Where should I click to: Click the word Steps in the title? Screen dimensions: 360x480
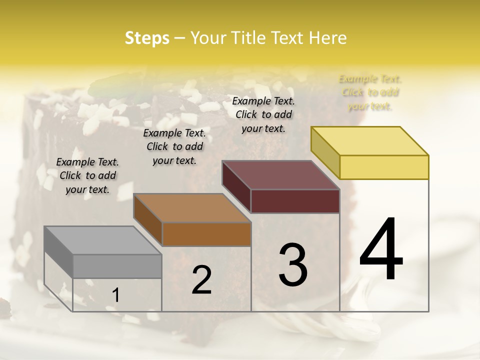[x=146, y=38]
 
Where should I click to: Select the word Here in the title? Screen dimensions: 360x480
[x=327, y=38]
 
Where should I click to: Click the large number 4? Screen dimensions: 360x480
[x=381, y=250]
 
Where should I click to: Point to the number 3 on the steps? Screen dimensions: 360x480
[x=293, y=264]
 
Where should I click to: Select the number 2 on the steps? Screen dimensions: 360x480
[x=201, y=280]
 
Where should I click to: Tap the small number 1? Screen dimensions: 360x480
[x=116, y=295]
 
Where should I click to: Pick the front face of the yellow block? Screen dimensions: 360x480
[x=384, y=167]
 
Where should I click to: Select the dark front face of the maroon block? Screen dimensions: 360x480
[x=295, y=201]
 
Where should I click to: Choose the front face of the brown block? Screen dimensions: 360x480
[x=206, y=234]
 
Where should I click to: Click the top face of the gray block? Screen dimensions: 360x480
[x=102, y=240]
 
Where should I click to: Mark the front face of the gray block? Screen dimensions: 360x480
[x=117, y=266]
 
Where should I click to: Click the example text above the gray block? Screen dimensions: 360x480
[x=87, y=175]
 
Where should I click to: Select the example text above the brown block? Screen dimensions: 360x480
[x=174, y=146]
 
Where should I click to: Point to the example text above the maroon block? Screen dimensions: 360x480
[x=263, y=114]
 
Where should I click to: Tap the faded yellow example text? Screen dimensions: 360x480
[x=370, y=92]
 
